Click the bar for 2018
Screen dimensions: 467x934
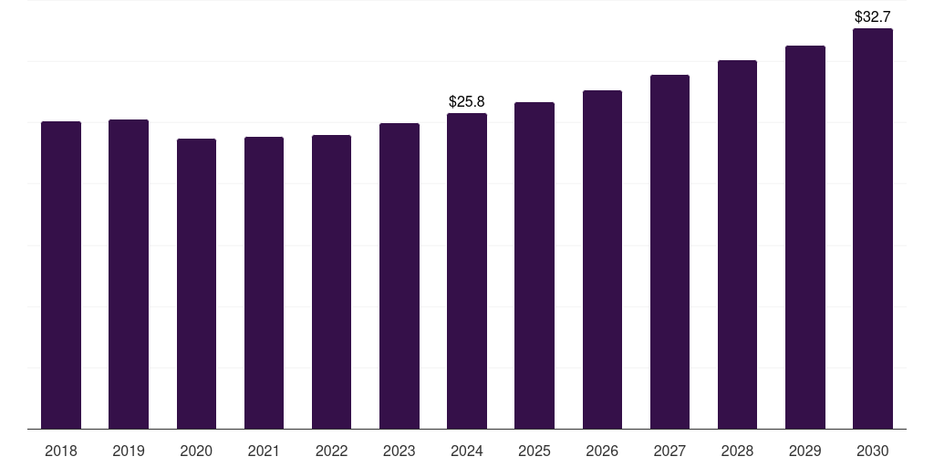pos(61,275)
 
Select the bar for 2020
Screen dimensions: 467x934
pos(196,284)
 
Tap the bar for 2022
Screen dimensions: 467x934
pos(331,282)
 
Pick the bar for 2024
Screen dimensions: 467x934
pos(467,271)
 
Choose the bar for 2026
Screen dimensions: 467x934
pos(602,259)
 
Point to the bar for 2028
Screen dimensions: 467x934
pos(737,244)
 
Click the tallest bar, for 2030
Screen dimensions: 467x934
pos(873,228)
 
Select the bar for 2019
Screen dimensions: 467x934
pos(129,274)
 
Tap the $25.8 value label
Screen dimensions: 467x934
pos(467,101)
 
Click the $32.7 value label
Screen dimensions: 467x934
pos(873,16)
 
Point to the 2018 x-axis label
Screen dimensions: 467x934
pos(61,451)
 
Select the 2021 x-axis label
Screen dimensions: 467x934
pos(264,451)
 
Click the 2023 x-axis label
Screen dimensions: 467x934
pos(400,451)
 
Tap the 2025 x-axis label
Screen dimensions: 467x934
pos(534,451)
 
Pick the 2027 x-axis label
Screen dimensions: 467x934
pos(669,451)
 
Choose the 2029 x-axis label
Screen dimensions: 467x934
pos(805,451)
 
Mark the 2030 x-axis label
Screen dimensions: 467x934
pos(873,451)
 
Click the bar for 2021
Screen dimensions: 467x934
pos(264,283)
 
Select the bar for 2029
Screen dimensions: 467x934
pos(805,237)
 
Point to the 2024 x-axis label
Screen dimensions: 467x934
pos(467,451)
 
